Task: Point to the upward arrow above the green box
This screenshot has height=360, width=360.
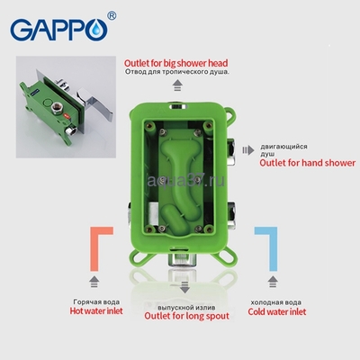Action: (177, 87)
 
